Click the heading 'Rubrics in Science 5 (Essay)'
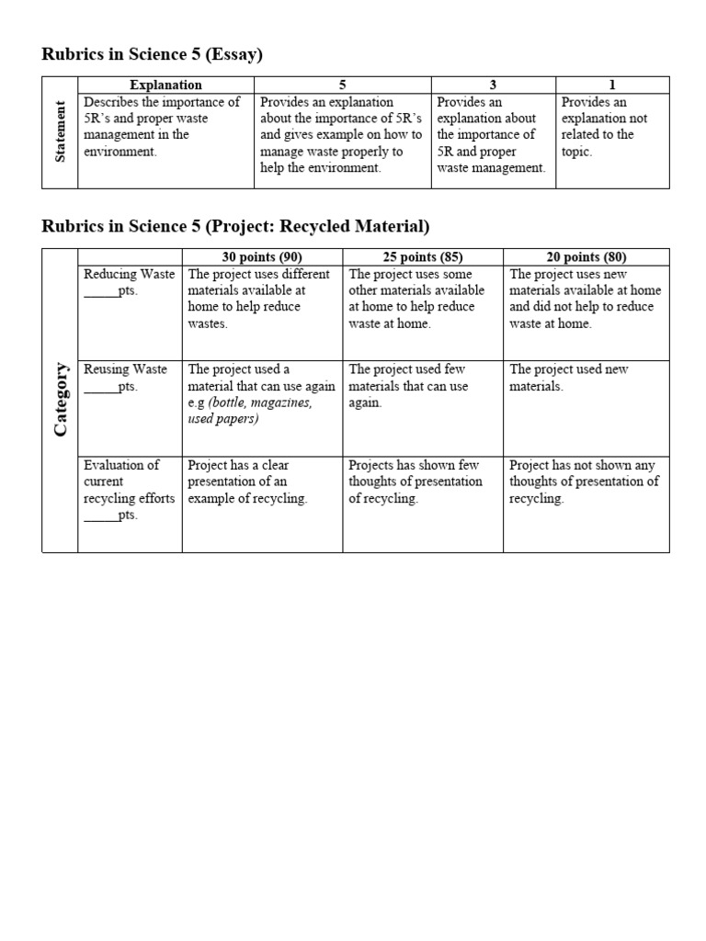click(x=153, y=55)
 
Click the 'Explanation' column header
click(x=165, y=85)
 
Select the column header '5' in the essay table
click(x=342, y=85)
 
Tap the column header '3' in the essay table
click(x=493, y=85)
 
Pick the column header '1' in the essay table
click(x=612, y=85)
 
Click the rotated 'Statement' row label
click(x=61, y=134)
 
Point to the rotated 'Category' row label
click(x=61, y=400)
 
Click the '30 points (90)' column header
click(x=262, y=256)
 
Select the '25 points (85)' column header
click(x=423, y=256)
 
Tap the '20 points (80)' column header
click(x=586, y=256)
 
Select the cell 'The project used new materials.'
click(x=568, y=378)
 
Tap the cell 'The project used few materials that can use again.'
click(x=408, y=386)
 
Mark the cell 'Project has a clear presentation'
click(x=247, y=482)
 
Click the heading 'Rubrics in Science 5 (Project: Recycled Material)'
click(x=235, y=226)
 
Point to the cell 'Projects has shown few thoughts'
click(x=415, y=482)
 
